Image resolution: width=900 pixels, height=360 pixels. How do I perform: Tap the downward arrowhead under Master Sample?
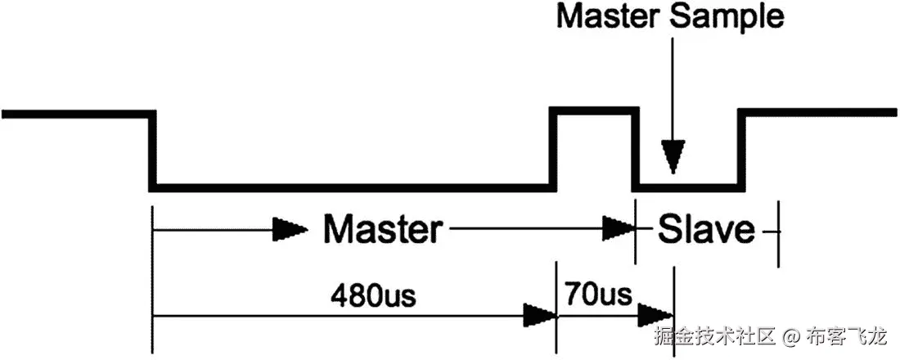[672, 156]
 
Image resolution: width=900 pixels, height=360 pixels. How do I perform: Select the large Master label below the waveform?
[381, 230]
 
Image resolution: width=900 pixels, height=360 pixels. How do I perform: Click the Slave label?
[706, 230]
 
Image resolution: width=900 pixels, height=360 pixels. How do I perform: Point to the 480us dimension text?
[372, 294]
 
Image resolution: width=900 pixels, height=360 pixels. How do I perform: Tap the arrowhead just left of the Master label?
[286, 230]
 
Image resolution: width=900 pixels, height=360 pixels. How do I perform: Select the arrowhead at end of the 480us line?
[538, 313]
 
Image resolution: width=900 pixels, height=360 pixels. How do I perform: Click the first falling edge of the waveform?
[153, 151]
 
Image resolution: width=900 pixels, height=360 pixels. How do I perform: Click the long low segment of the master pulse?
[352, 187]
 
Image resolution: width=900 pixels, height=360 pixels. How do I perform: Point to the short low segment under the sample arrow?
[689, 187]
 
